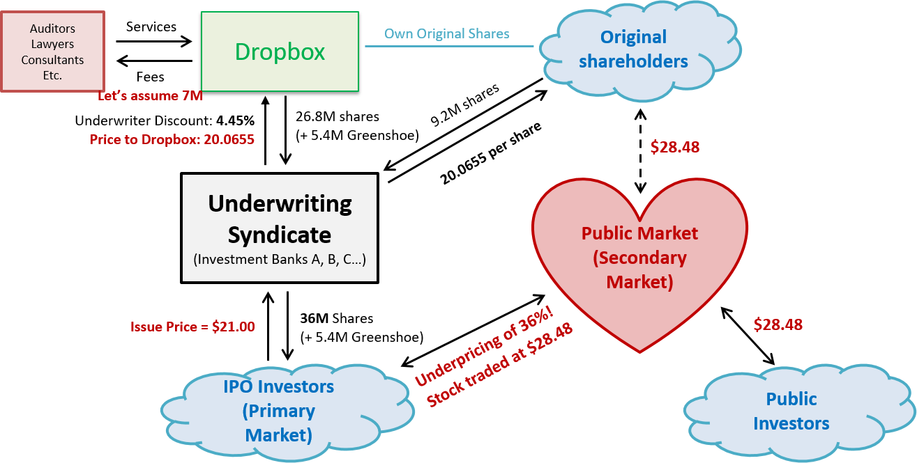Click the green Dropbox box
pyautogui.click(x=280, y=52)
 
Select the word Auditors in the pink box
pyautogui.click(x=53, y=29)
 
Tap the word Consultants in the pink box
pyautogui.click(x=53, y=60)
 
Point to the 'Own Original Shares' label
pyautogui.click(x=447, y=33)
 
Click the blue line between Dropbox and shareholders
pyautogui.click(x=449, y=47)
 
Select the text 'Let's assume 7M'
pyautogui.click(x=150, y=96)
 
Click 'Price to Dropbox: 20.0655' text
pyautogui.click(x=172, y=140)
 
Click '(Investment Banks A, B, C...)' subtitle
pyautogui.click(x=280, y=259)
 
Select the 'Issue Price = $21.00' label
pyautogui.click(x=192, y=327)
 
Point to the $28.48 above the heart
pyautogui.click(x=674, y=147)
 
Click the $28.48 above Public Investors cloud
pyautogui.click(x=778, y=324)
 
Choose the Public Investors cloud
pyautogui.click(x=791, y=411)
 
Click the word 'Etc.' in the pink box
pyautogui.click(x=53, y=75)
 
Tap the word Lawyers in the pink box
pyautogui.click(x=53, y=44)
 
